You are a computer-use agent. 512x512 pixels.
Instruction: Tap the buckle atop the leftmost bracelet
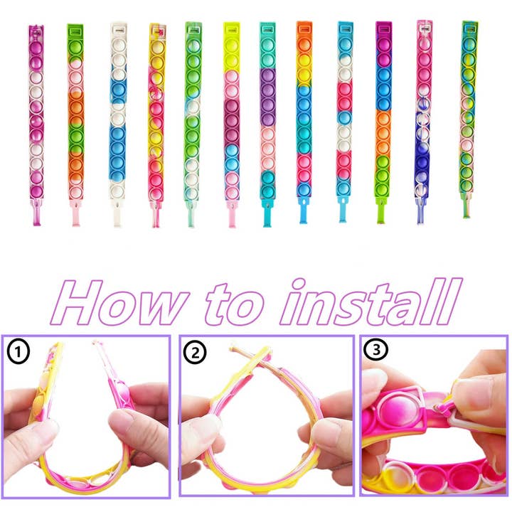35,31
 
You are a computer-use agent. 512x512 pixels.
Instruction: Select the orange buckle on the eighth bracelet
304,28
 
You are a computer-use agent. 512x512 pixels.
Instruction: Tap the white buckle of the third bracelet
116,30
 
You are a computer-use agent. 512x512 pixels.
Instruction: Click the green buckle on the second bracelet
75,30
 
